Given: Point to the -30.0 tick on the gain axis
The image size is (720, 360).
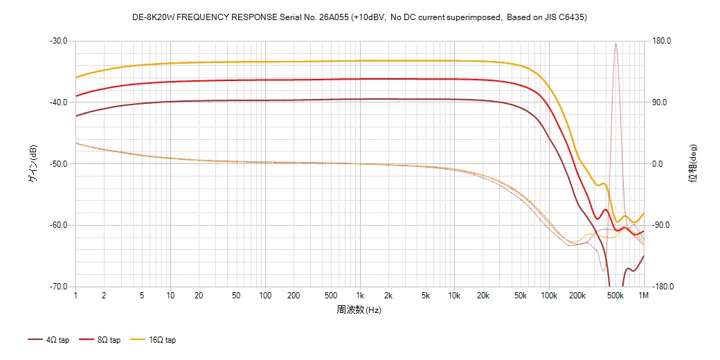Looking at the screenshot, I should coord(58,41).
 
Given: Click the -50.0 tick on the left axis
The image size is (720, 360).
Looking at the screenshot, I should coord(58,164).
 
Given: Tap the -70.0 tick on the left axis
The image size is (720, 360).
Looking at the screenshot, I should coord(58,287).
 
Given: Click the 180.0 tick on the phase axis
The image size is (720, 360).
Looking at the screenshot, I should coord(662,41).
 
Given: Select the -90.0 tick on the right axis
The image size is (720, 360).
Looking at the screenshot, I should coord(662,226).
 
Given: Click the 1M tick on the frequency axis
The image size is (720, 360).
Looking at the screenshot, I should coord(644,296).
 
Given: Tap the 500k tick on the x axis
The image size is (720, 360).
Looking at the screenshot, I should coord(615,296).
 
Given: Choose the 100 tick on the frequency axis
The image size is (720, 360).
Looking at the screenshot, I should coord(264,296).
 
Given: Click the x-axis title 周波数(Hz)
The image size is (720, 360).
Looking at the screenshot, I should coord(359,309).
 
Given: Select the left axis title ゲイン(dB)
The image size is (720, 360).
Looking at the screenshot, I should coord(33,164).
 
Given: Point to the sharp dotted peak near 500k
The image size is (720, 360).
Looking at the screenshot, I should coord(615,44).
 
